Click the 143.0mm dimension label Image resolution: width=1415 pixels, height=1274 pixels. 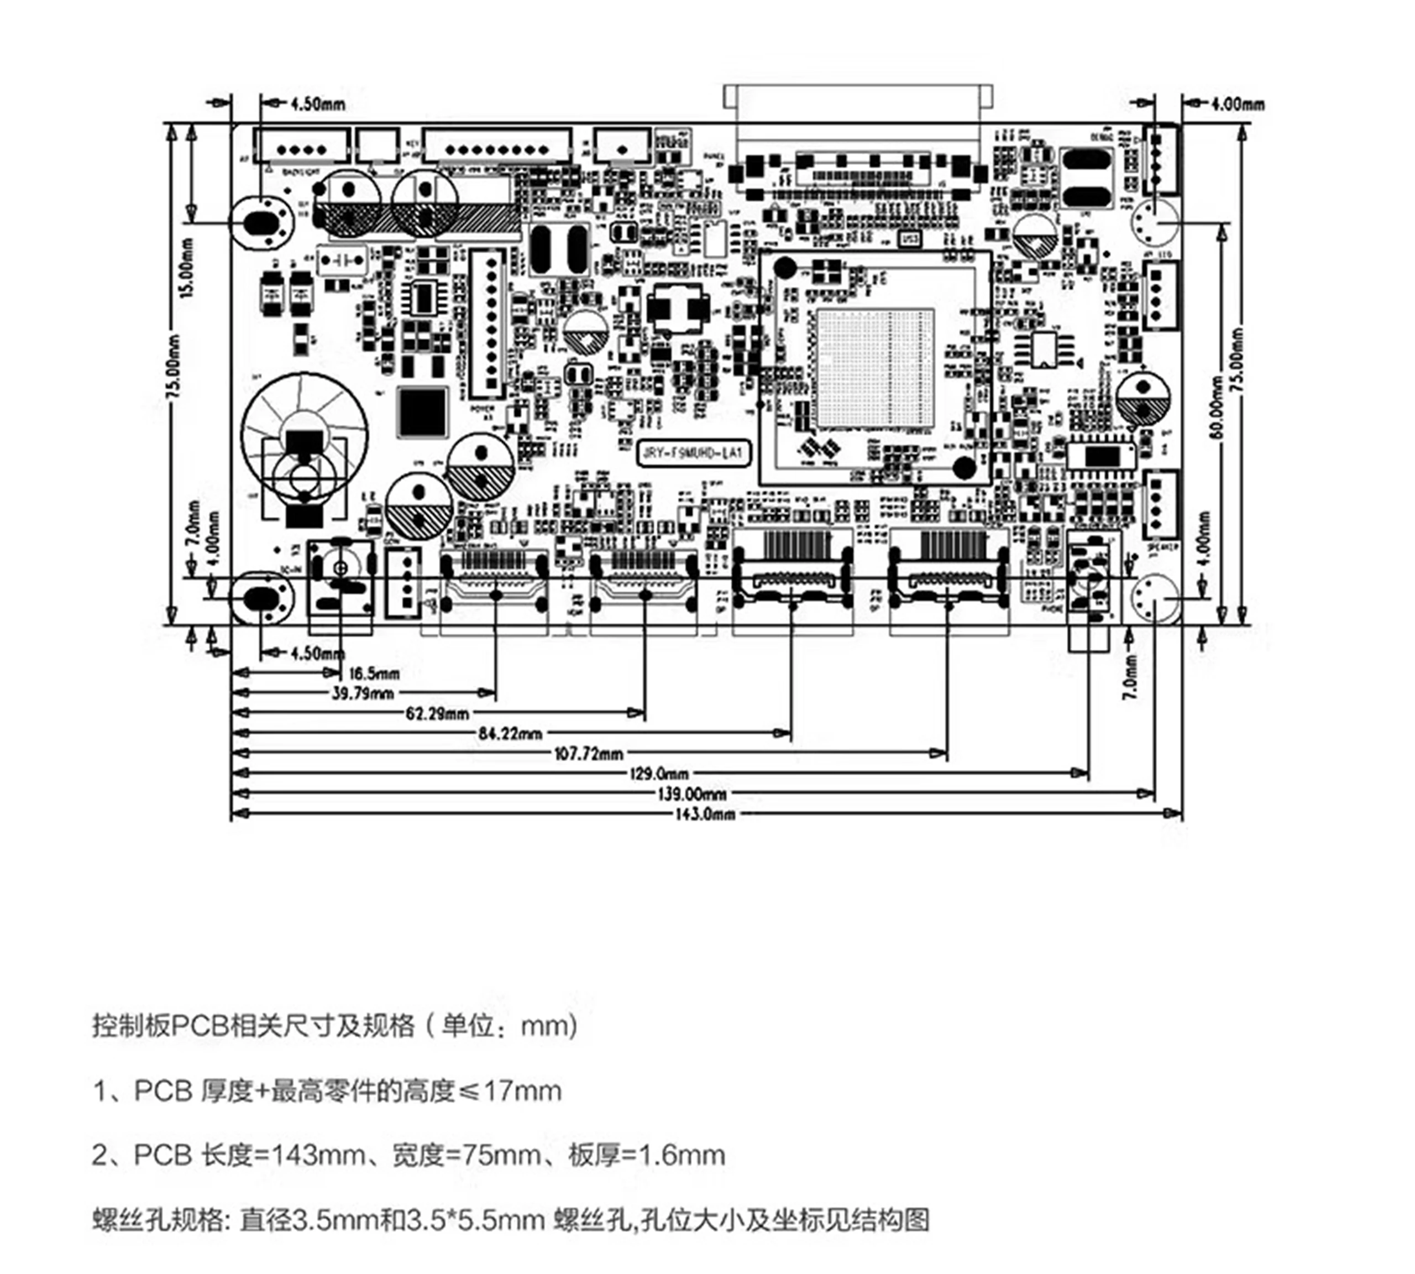coord(704,813)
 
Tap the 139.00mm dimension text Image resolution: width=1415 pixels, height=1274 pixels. coord(691,794)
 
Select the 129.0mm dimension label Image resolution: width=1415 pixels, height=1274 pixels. coord(658,774)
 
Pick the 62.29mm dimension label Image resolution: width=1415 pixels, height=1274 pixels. coord(437,714)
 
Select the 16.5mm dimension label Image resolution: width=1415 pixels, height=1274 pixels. coord(374,673)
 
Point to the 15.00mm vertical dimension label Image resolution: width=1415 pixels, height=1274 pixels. coord(187,268)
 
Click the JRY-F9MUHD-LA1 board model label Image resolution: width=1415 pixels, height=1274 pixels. coord(691,453)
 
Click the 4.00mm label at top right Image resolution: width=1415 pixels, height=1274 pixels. coord(1237,105)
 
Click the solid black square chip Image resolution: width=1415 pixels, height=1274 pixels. coord(422,411)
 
